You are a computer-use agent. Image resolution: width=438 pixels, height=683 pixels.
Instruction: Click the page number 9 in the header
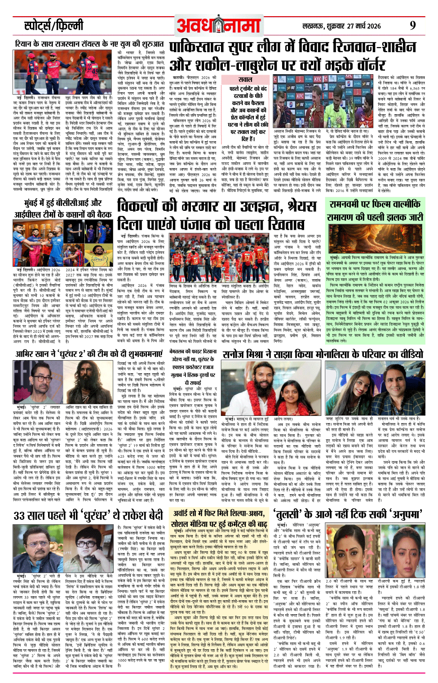(x=412, y=25)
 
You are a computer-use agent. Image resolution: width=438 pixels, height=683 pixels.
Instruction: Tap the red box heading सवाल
(x=245, y=80)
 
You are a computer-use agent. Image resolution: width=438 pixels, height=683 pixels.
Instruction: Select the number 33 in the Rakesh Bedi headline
(x=22, y=515)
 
